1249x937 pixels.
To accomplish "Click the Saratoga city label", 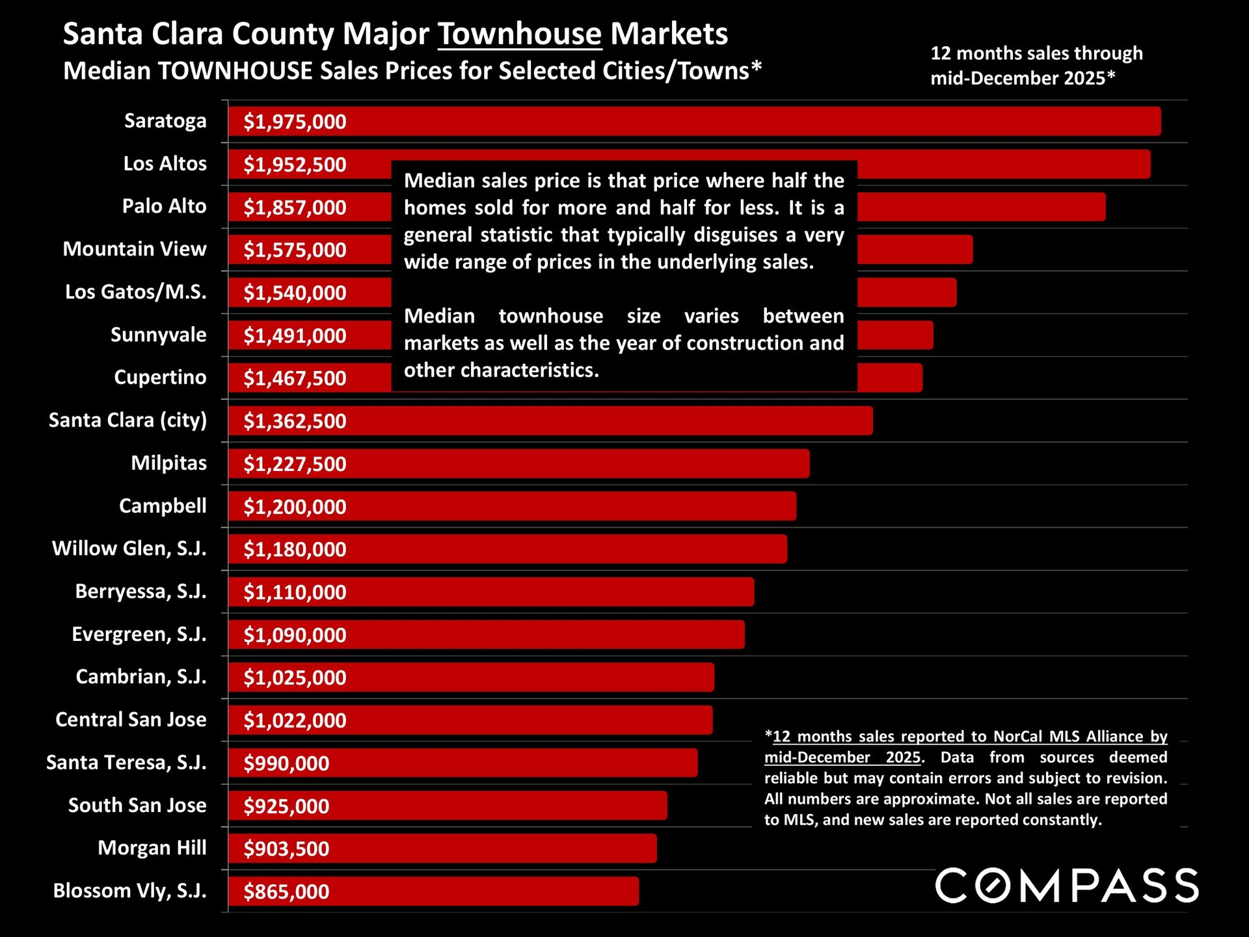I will (x=165, y=121).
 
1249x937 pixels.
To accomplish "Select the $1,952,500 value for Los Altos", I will (x=295, y=165).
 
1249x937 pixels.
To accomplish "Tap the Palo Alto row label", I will (x=164, y=206).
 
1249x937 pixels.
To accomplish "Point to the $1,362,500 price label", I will (x=295, y=421).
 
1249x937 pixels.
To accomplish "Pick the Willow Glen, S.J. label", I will (x=129, y=549).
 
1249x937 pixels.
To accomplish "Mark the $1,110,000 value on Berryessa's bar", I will (x=295, y=592).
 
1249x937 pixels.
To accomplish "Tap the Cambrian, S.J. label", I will (x=141, y=677).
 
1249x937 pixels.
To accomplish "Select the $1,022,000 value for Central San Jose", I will (x=295, y=720).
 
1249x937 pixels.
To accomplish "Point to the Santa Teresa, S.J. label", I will (x=126, y=762).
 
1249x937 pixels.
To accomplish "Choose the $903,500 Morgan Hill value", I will (x=286, y=849).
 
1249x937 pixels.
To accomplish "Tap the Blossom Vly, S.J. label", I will (x=129, y=890).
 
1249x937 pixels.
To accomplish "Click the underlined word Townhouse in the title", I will (x=519, y=34).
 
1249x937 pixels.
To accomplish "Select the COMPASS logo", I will (x=1066, y=886).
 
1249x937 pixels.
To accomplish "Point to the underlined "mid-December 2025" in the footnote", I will (x=842, y=757).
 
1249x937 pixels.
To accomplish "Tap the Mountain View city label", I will (x=135, y=249).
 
